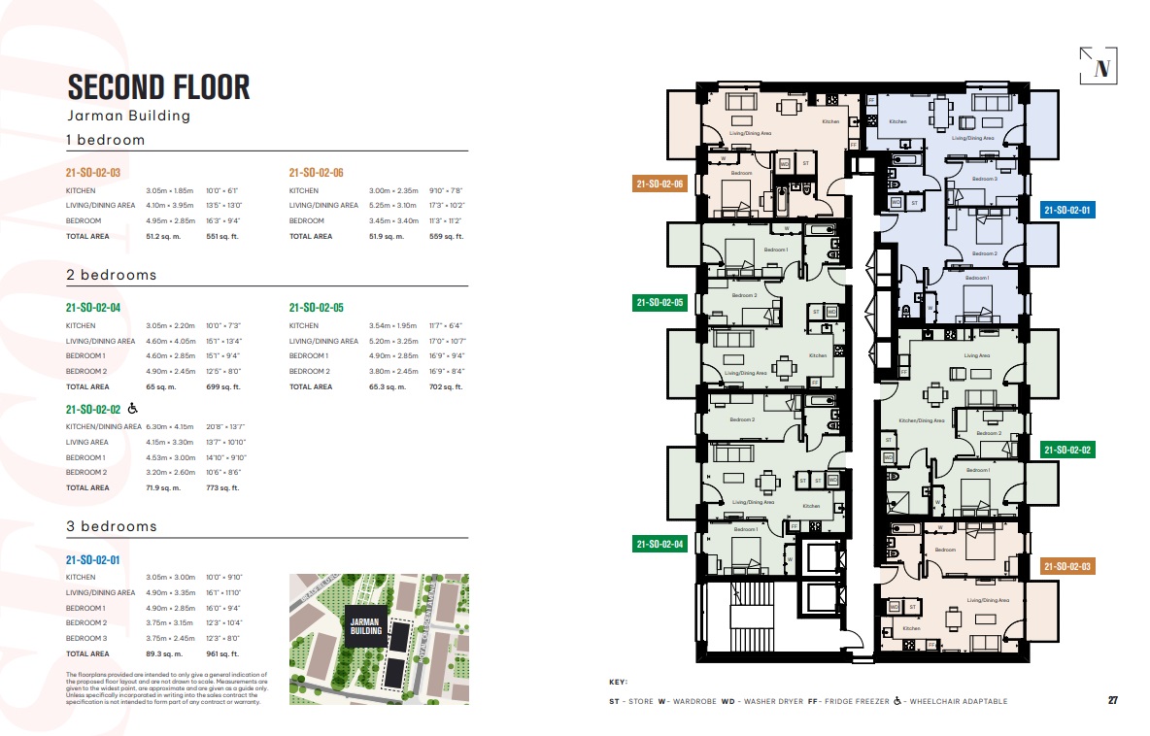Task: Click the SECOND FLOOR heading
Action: coord(158,86)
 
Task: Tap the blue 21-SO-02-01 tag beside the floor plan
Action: coord(1067,210)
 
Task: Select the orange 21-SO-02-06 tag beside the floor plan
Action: coord(660,184)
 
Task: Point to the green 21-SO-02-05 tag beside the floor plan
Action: coord(660,303)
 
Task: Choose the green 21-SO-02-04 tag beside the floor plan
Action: coord(660,544)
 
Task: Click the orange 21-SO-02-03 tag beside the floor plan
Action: coord(1067,566)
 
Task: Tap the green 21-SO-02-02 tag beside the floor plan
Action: coord(1067,450)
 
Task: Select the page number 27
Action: coord(1113,700)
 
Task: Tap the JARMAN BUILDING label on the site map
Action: coord(367,624)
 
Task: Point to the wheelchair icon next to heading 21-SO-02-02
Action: coord(133,409)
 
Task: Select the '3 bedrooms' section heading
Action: coord(111,526)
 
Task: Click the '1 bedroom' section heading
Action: coord(105,140)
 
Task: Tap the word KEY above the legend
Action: coord(618,683)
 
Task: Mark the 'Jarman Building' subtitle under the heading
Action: coord(128,116)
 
